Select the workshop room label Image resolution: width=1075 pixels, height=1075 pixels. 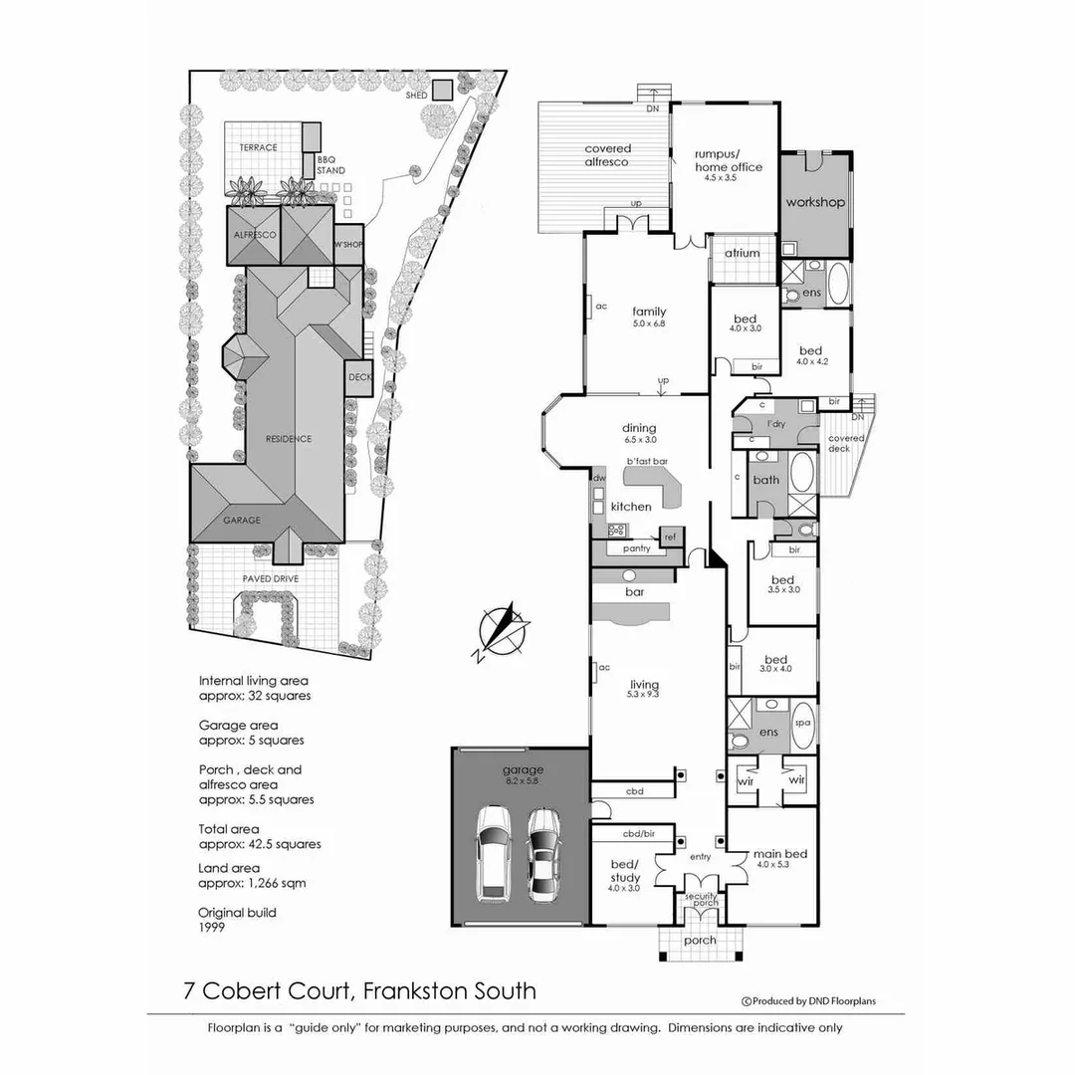(815, 202)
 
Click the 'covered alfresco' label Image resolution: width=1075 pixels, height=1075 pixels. (607, 155)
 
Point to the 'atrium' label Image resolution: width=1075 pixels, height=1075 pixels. (742, 253)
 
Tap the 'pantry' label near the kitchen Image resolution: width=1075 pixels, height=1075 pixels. (636, 548)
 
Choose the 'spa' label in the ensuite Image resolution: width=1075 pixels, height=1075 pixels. (803, 724)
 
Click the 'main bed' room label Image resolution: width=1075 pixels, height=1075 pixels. (780, 853)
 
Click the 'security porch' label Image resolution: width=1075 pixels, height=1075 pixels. (700, 900)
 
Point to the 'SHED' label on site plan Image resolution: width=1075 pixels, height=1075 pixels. (415, 96)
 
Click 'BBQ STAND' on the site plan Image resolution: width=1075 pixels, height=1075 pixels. (331, 165)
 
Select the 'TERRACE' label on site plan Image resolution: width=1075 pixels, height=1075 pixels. (258, 147)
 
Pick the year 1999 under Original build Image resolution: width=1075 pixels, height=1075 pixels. (212, 927)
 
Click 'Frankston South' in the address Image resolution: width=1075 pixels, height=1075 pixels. (450, 990)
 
